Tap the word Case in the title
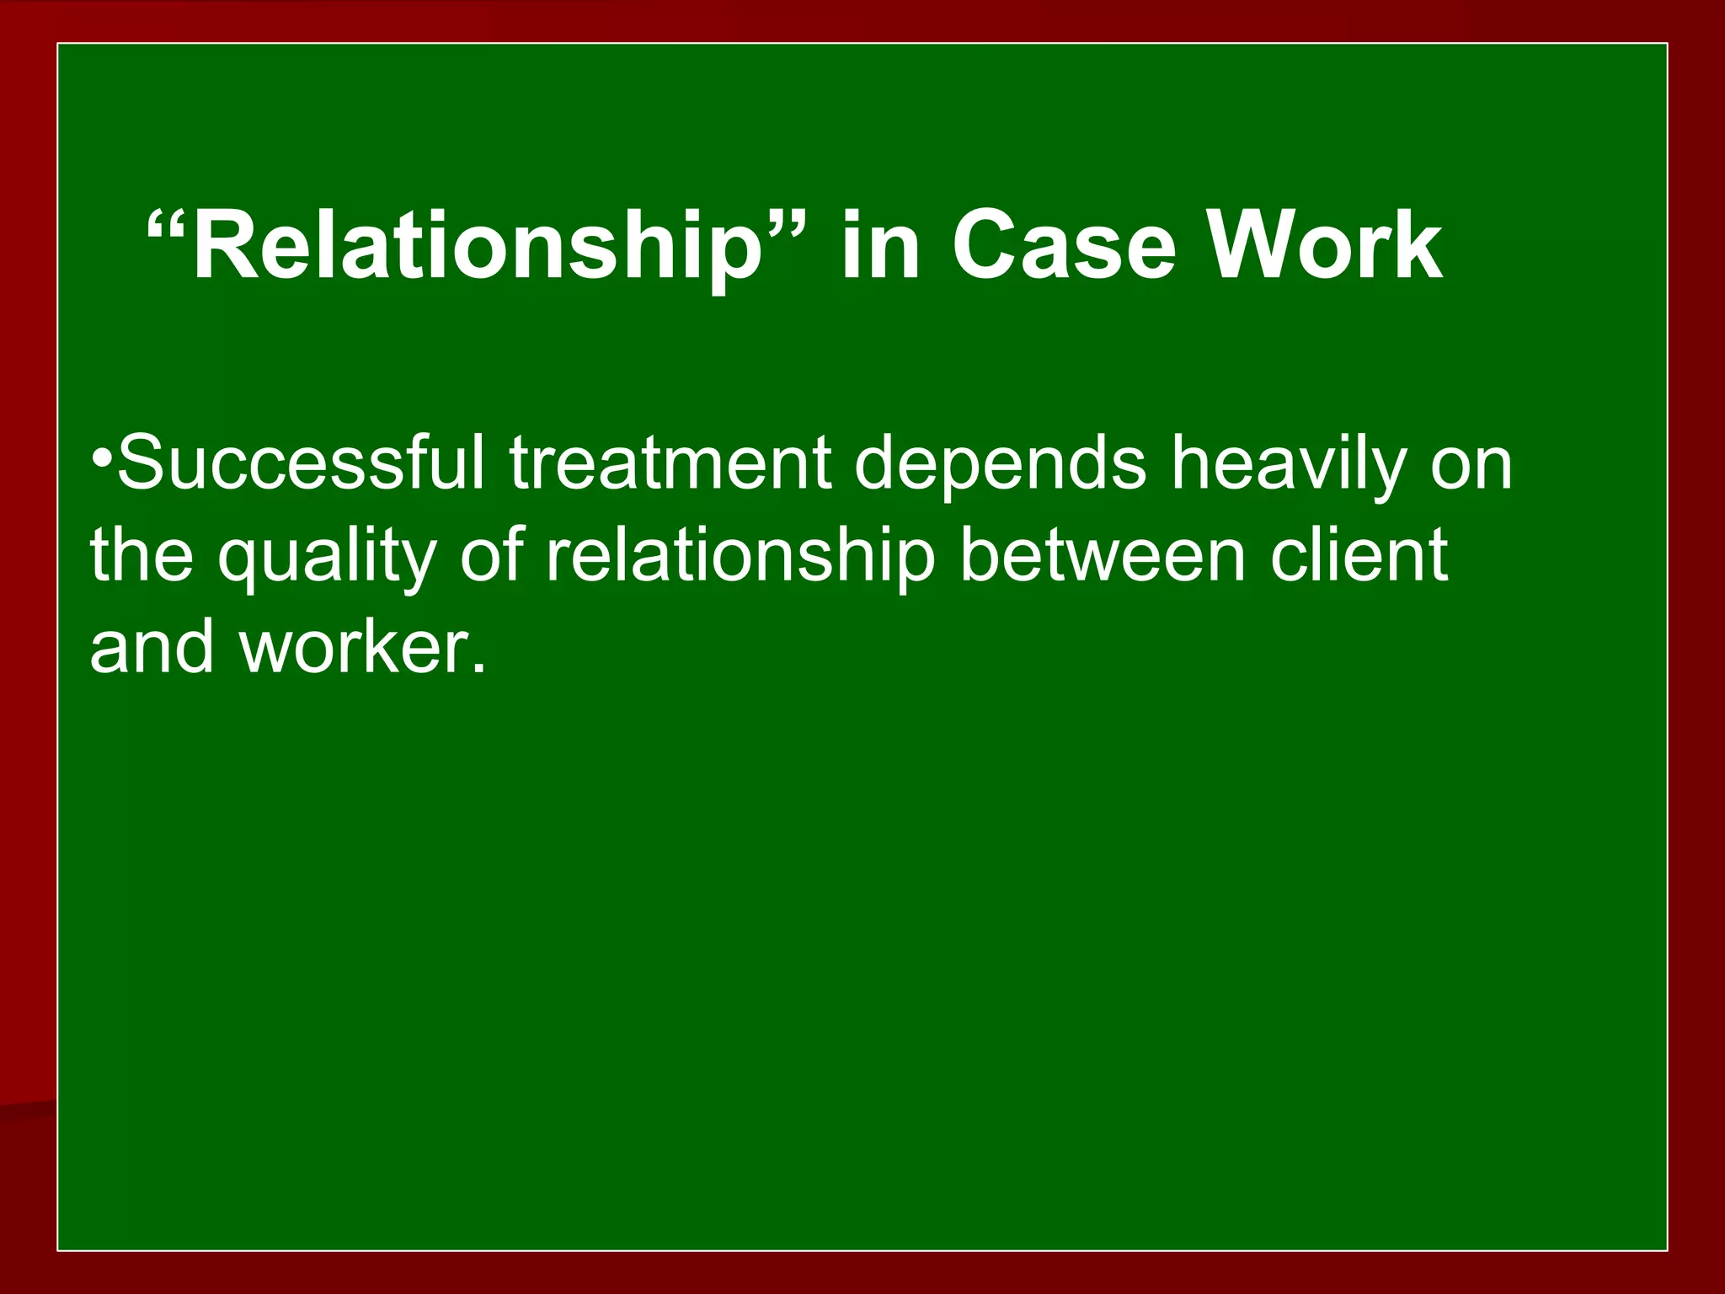point(1063,247)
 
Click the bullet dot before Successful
point(102,459)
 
